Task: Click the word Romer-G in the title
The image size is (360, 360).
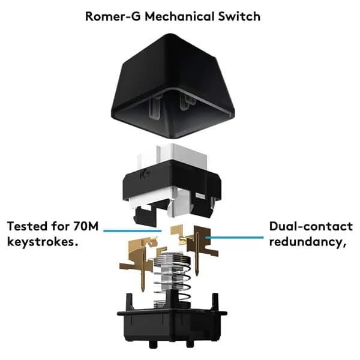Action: [113, 17]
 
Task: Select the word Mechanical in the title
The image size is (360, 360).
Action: [179, 17]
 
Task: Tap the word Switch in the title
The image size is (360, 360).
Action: [239, 17]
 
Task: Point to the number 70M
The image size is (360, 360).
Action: [86, 226]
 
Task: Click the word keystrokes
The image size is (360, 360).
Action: [43, 242]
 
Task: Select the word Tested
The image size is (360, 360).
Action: [27, 226]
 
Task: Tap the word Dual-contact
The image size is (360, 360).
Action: [311, 226]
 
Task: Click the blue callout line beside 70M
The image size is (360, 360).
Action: [133, 231]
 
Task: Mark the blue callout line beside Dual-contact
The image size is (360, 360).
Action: [235, 238]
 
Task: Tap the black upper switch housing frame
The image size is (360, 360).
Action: [172, 184]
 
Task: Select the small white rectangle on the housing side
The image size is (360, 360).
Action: [200, 196]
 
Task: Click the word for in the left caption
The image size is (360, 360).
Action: [60, 226]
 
